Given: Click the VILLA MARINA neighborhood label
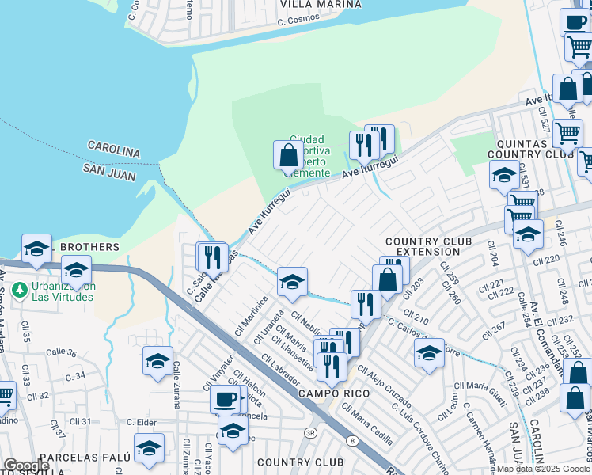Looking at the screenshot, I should click(x=321, y=4).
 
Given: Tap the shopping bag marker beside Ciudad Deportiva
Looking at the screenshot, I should click(x=287, y=155).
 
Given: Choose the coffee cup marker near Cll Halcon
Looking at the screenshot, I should click(x=226, y=399).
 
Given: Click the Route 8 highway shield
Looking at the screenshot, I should click(x=352, y=440).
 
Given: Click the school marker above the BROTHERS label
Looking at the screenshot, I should click(x=36, y=249).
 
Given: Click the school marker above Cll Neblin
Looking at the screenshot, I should click(x=292, y=282).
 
